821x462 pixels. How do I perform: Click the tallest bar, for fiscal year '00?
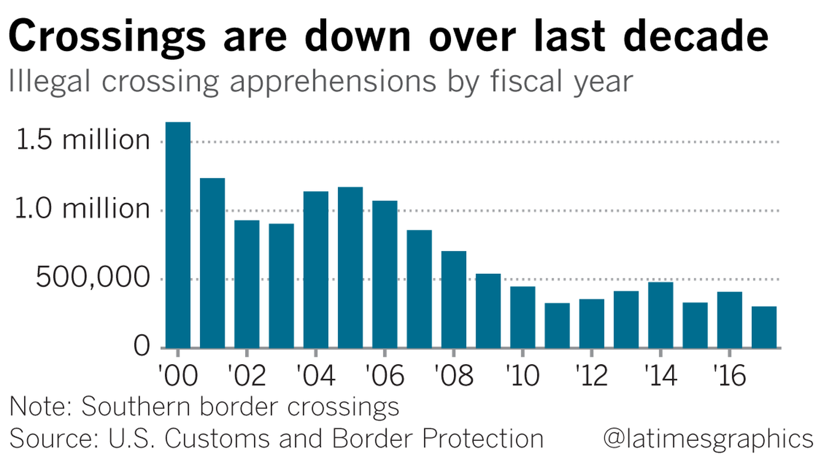[178, 235]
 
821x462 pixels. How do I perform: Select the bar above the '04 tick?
[315, 270]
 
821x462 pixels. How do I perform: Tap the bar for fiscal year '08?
[453, 299]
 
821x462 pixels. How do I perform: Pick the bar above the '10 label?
[523, 317]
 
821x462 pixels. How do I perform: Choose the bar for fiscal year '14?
[660, 315]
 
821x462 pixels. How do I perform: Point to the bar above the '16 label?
[730, 320]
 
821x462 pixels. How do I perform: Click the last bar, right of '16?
[764, 327]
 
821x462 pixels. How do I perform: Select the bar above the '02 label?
[246, 284]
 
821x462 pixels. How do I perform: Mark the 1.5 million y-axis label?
[83, 141]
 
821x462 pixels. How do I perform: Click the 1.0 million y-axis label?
[83, 209]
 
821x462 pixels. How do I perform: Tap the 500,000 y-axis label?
[92, 278]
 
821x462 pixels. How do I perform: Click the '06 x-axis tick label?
[384, 376]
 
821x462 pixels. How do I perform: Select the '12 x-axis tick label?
[591, 376]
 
